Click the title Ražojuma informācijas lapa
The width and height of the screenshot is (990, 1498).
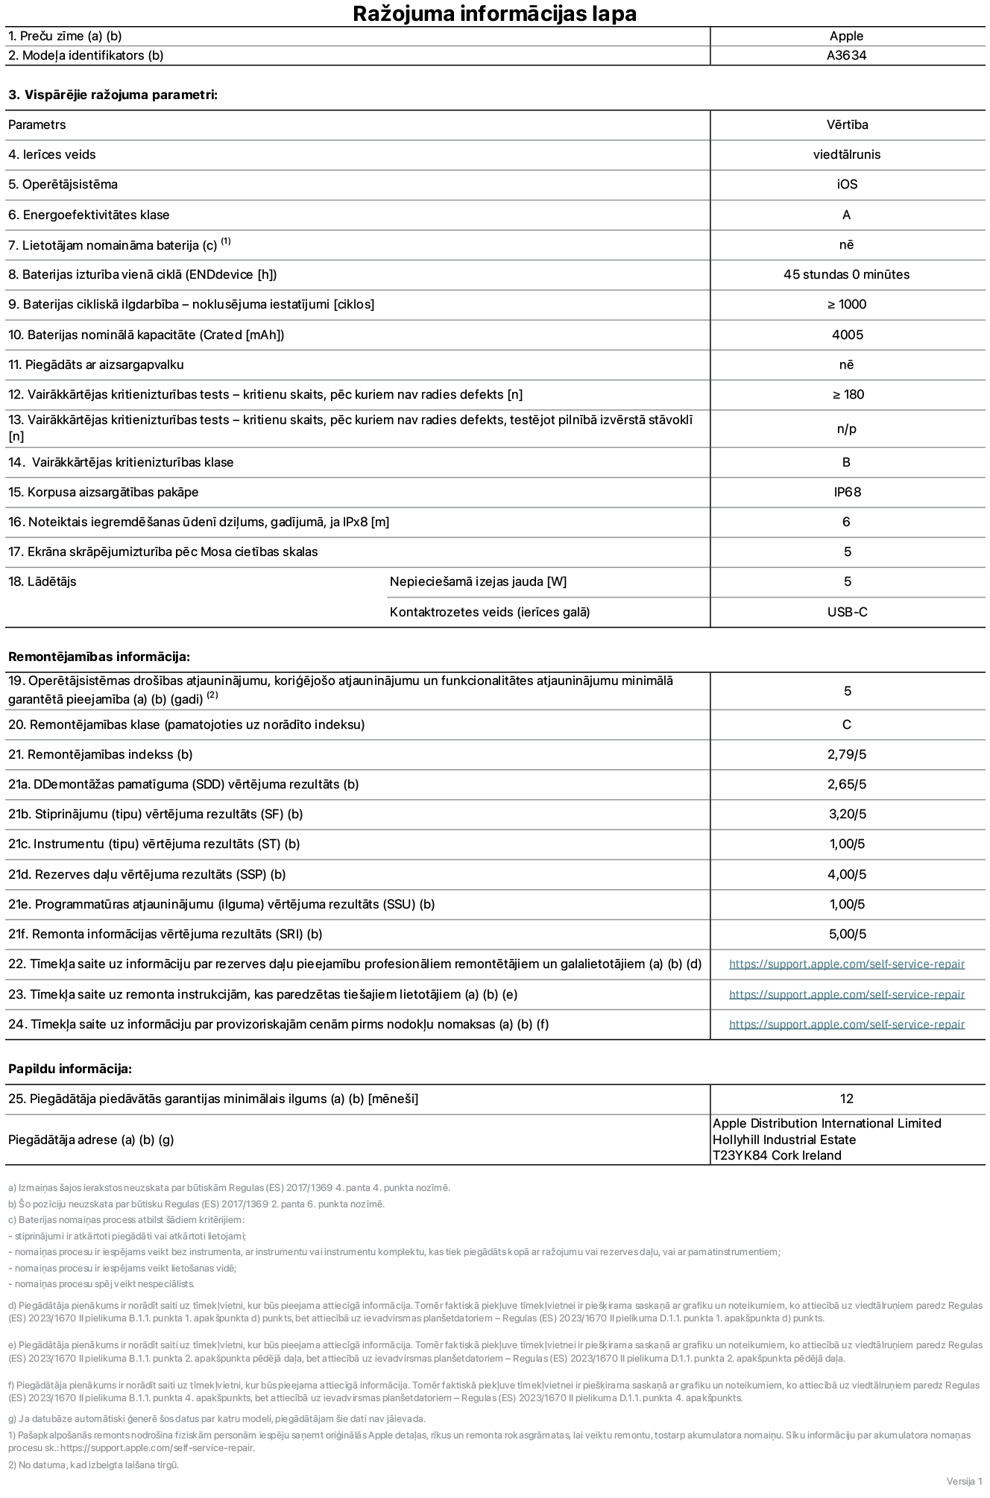(x=494, y=13)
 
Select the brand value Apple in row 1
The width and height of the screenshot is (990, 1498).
(x=846, y=36)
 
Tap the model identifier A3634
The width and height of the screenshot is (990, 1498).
(x=846, y=55)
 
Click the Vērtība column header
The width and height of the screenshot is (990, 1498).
(x=847, y=124)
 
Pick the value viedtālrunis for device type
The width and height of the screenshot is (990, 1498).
(x=846, y=154)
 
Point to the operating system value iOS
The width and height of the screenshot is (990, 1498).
(x=847, y=184)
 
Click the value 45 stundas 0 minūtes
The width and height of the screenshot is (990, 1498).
(x=846, y=274)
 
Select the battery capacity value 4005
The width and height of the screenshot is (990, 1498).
(x=847, y=335)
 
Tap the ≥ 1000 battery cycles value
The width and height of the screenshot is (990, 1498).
(x=847, y=304)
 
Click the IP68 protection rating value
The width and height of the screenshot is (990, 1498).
(x=847, y=492)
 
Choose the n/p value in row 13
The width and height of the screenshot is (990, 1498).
(x=847, y=429)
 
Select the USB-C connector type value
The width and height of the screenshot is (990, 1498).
(x=847, y=612)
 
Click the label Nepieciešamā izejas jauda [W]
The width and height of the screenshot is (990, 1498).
(x=478, y=581)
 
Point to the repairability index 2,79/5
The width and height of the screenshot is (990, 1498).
(x=847, y=754)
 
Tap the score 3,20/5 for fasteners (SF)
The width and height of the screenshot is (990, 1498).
(x=847, y=814)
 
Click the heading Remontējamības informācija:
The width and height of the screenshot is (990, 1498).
(x=99, y=657)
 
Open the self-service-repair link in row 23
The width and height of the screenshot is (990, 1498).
(x=846, y=994)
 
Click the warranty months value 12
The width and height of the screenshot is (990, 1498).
(x=846, y=1099)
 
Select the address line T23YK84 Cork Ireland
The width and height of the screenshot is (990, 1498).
(x=776, y=1155)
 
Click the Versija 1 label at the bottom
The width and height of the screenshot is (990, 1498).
(x=964, y=1480)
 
